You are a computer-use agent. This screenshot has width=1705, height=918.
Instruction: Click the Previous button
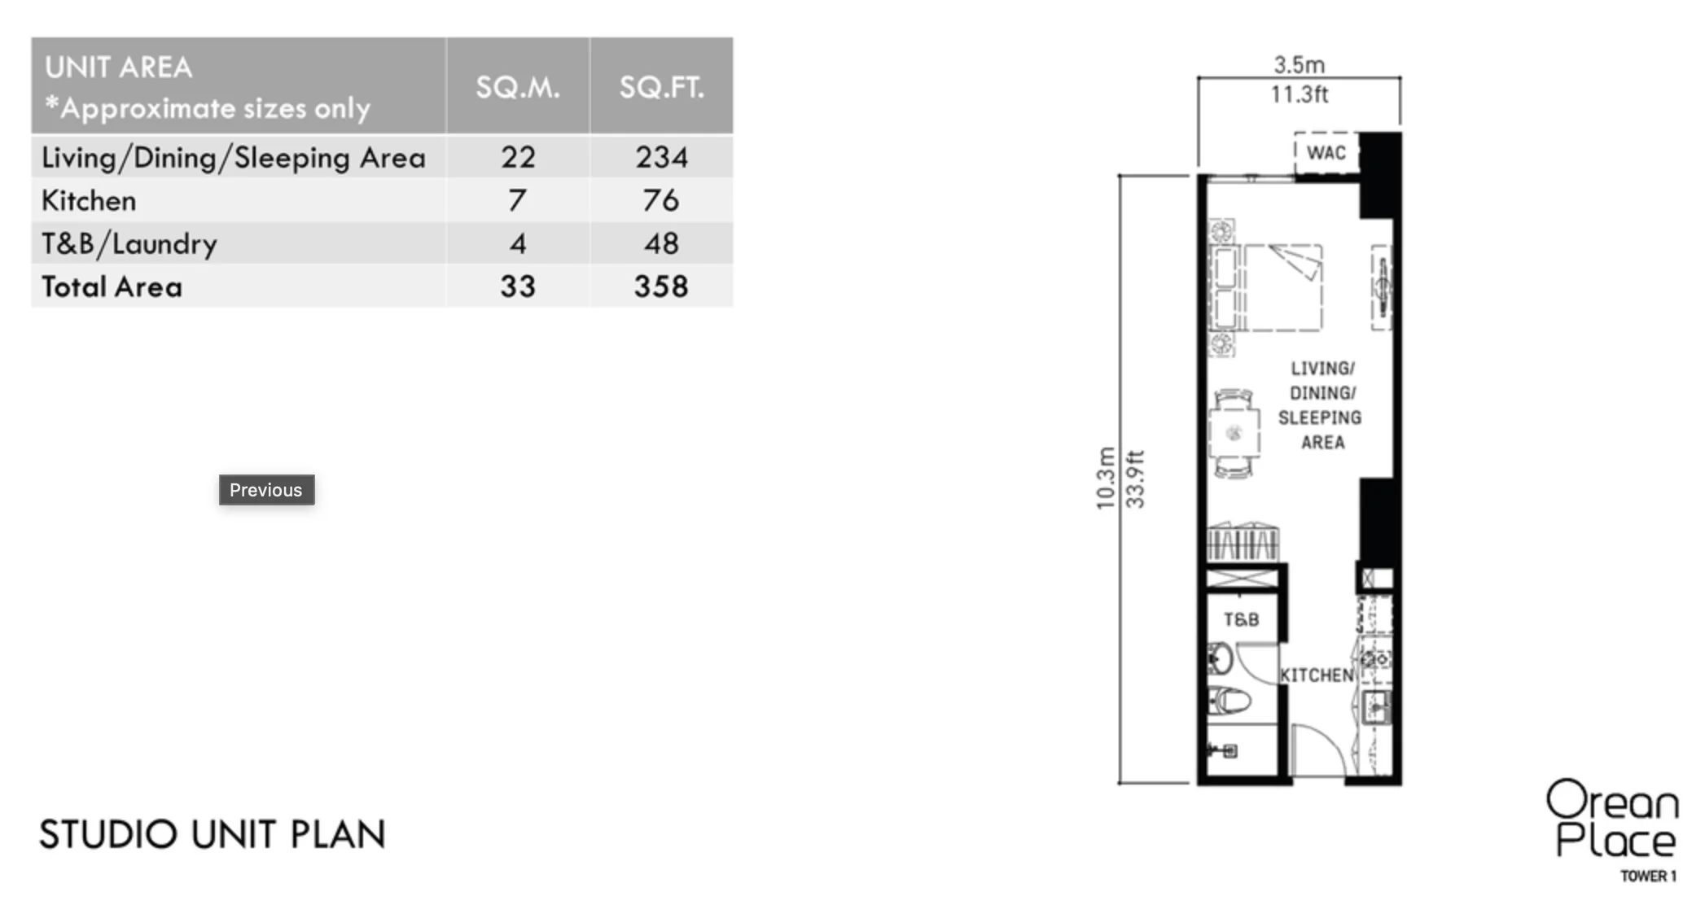(x=266, y=490)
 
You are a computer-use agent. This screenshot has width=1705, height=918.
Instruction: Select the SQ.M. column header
(x=518, y=87)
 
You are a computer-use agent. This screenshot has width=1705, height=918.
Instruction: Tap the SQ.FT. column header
(x=661, y=87)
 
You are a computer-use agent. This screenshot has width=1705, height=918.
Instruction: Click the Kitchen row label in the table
(x=89, y=200)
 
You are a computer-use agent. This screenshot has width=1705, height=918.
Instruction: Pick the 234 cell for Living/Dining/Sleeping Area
(x=661, y=157)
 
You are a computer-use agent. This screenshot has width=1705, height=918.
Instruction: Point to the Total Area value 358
(x=661, y=286)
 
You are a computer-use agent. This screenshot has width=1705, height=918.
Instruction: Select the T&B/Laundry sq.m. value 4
(x=518, y=243)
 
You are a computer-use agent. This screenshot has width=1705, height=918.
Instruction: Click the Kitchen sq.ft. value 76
(x=661, y=200)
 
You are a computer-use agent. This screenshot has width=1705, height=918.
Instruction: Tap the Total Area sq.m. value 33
(x=518, y=286)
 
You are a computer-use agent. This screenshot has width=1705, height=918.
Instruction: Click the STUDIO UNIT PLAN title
(x=213, y=834)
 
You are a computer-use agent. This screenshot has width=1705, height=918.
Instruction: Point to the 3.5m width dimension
(x=1299, y=64)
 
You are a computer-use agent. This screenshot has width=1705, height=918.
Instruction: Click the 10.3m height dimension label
(x=1105, y=479)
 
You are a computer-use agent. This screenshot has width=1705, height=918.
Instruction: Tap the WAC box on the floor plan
(x=1326, y=152)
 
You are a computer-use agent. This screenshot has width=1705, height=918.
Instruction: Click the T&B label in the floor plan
(x=1241, y=620)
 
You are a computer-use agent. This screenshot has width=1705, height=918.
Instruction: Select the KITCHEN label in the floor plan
(x=1317, y=675)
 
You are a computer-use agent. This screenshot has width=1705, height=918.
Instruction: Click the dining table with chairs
(x=1234, y=433)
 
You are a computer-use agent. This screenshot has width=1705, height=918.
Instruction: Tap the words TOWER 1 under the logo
(x=1648, y=876)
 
